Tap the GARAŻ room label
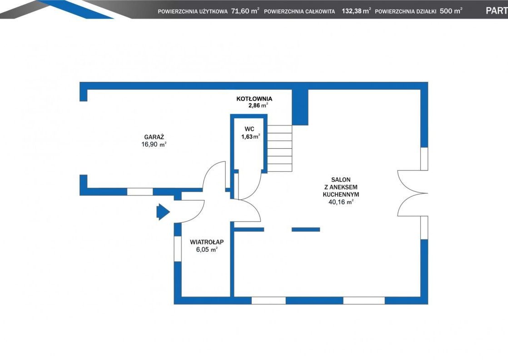[154, 137]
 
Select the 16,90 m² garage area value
[154, 145]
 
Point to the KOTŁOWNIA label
[254, 99]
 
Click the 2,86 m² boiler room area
[258, 105]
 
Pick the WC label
[249, 129]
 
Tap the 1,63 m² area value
[250, 137]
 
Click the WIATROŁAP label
[207, 242]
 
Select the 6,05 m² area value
[207, 250]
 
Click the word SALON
[341, 180]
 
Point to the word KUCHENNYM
[341, 195]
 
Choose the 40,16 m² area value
[341, 202]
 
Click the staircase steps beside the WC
[279, 148]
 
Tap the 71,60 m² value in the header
[245, 11]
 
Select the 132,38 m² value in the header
[356, 11]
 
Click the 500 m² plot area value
[451, 11]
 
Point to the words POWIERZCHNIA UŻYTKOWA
[193, 11]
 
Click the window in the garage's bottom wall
[139, 191]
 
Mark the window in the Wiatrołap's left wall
[178, 249]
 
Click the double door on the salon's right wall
[413, 193]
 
